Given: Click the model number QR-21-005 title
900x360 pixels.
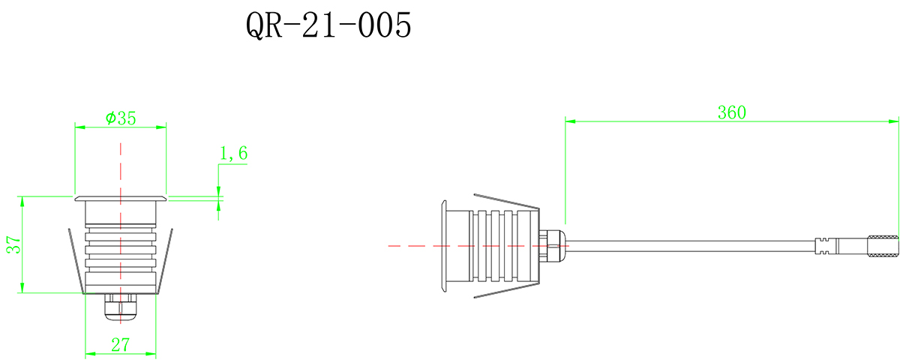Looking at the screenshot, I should [x=328, y=27].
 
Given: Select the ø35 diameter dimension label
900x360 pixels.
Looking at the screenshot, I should [x=121, y=118].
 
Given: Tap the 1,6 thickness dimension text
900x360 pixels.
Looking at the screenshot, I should [x=232, y=154].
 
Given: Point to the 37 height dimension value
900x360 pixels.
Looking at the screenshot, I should [x=13, y=245].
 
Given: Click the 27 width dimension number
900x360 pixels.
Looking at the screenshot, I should [x=121, y=345].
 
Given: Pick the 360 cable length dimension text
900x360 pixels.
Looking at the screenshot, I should [x=731, y=112].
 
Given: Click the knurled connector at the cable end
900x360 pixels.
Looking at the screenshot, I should [x=883, y=246].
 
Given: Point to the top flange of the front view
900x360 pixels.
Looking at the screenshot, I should [x=121, y=199].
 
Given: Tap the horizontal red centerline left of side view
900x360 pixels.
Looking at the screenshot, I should [x=412, y=245].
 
